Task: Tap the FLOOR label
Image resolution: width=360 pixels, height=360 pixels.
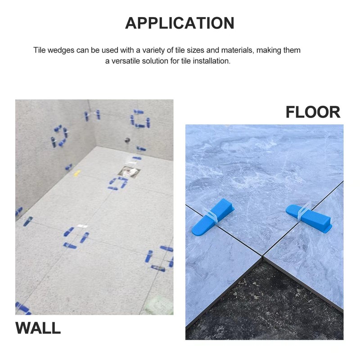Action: tap(313, 112)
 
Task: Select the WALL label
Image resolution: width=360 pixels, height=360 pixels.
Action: tap(38, 328)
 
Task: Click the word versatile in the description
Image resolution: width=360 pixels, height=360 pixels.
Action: tap(126, 61)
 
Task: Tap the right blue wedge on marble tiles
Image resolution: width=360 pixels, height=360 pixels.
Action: tap(310, 218)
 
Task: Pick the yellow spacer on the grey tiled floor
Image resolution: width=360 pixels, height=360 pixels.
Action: tap(77, 172)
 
